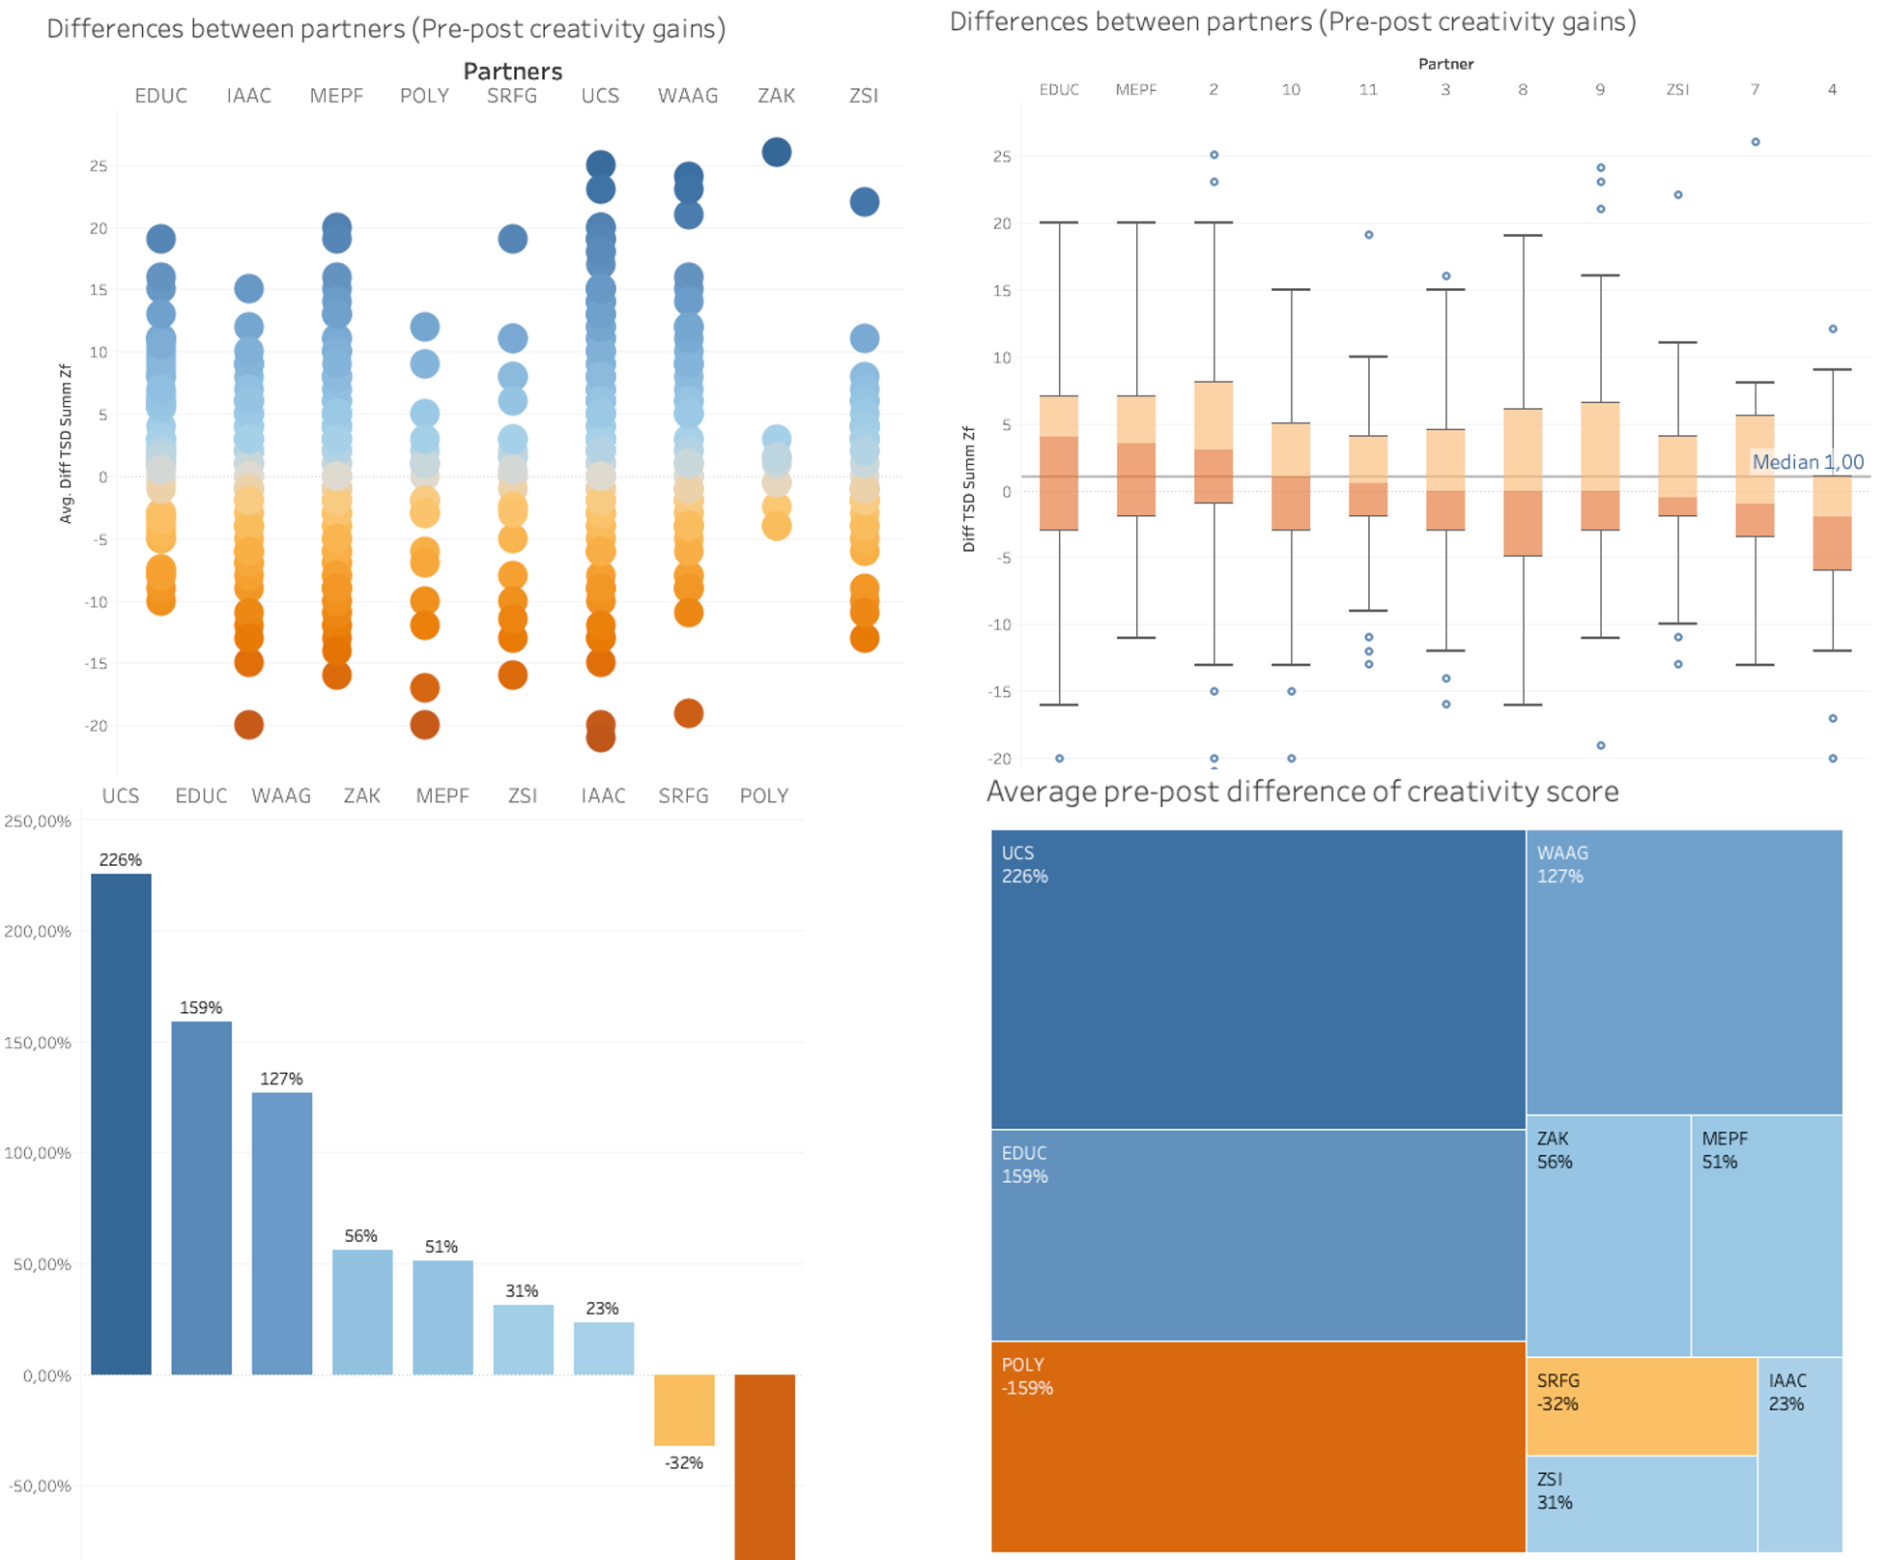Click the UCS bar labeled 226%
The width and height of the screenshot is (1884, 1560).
(x=121, y=1121)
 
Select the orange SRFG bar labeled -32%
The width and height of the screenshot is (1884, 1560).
(x=684, y=1409)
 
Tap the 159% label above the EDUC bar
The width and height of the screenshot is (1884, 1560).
(x=201, y=1007)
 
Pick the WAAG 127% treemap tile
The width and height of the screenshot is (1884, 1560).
(x=1684, y=971)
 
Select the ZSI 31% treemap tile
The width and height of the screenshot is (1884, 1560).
(x=1641, y=1503)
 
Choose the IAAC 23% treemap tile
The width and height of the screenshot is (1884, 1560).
(x=1799, y=1455)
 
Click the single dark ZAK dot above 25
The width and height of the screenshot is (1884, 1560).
(x=777, y=152)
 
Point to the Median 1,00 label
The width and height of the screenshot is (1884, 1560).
(x=1808, y=462)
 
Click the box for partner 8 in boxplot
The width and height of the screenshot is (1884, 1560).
(x=1523, y=481)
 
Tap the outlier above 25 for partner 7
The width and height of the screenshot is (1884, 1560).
(x=1756, y=142)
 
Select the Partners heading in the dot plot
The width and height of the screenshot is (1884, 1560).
(x=512, y=72)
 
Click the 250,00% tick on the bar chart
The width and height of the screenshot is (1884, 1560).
(x=38, y=822)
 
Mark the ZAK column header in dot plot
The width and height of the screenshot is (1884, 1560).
(x=776, y=96)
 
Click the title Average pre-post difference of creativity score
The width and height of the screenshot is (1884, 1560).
(x=1301, y=792)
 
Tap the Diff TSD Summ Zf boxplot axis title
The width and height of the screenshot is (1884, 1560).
(x=968, y=489)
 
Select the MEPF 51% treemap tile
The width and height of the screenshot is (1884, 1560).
(x=1766, y=1235)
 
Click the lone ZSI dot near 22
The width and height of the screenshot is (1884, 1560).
(x=865, y=202)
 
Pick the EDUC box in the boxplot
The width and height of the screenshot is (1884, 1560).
(x=1059, y=462)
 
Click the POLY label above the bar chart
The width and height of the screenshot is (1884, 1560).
(x=763, y=795)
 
